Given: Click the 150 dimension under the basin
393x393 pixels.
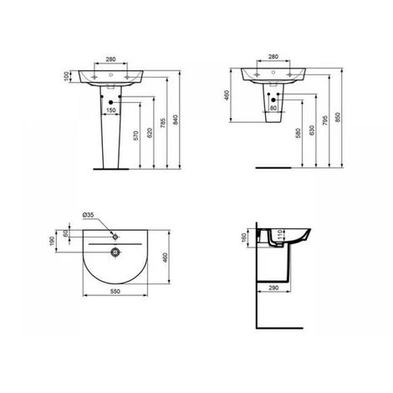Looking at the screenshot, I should (x=111, y=110).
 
